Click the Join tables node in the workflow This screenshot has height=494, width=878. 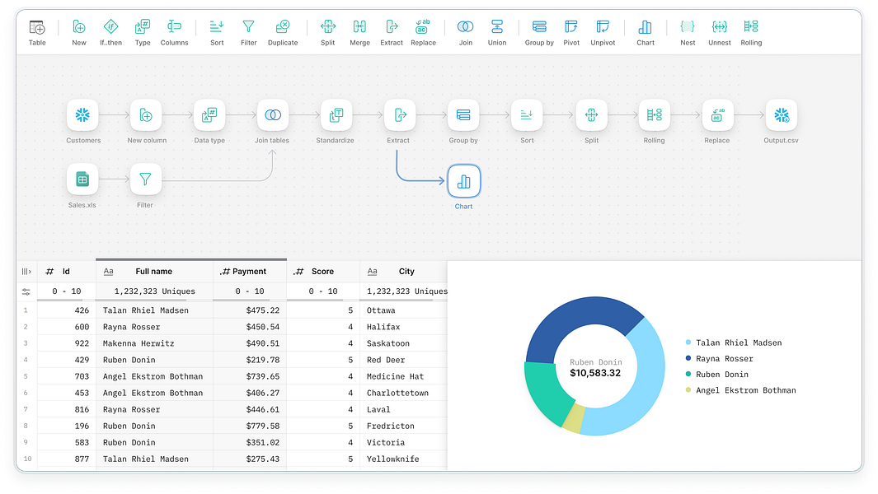273,115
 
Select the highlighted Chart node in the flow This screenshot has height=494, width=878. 464,181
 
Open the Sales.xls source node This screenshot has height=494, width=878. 82,179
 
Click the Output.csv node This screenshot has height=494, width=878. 781,115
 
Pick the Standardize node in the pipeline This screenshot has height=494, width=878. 336,115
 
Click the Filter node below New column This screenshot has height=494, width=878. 146,179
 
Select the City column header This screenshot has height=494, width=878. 406,271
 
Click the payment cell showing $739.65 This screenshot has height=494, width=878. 262,376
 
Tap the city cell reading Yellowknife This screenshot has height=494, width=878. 392,459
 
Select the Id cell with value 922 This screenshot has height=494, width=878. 82,343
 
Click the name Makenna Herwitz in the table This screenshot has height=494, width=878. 141,343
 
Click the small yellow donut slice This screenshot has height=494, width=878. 573,418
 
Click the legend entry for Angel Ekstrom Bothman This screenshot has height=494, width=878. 745,390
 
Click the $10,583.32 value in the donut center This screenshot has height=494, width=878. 594,373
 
